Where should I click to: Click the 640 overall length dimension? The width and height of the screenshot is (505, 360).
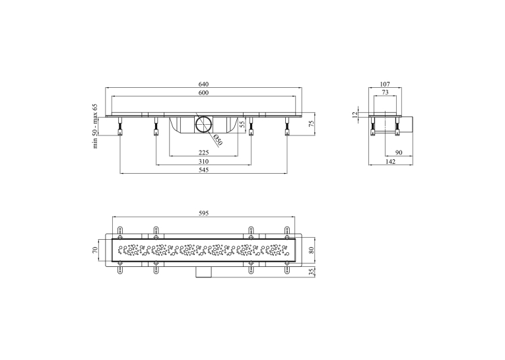click(203, 84)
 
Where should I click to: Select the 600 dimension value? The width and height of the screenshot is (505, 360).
click(203, 93)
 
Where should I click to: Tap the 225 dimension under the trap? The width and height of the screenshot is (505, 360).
click(203, 153)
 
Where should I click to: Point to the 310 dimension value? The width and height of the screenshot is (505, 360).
click(203, 161)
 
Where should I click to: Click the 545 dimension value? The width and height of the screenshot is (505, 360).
click(203, 170)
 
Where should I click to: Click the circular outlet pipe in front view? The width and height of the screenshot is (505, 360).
click(203, 124)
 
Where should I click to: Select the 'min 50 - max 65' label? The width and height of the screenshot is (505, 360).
click(95, 126)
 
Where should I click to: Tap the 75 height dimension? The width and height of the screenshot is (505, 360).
click(312, 124)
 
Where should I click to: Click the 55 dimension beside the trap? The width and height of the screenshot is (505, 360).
click(243, 124)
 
